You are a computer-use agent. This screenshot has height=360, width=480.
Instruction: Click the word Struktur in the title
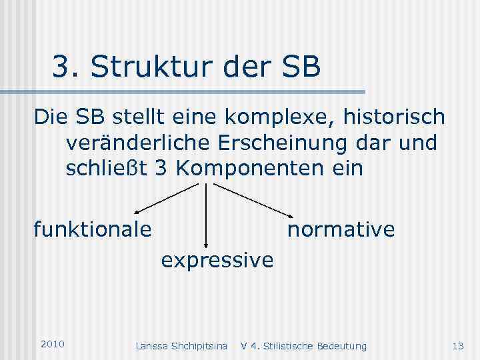(139, 67)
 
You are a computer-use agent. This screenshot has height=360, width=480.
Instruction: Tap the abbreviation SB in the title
(299, 67)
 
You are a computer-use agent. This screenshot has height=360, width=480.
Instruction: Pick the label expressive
(217, 259)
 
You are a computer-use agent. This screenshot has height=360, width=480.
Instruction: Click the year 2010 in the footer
(52, 344)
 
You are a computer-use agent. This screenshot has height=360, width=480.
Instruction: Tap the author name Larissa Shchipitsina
(181, 345)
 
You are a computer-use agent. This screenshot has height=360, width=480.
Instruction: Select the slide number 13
(457, 345)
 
